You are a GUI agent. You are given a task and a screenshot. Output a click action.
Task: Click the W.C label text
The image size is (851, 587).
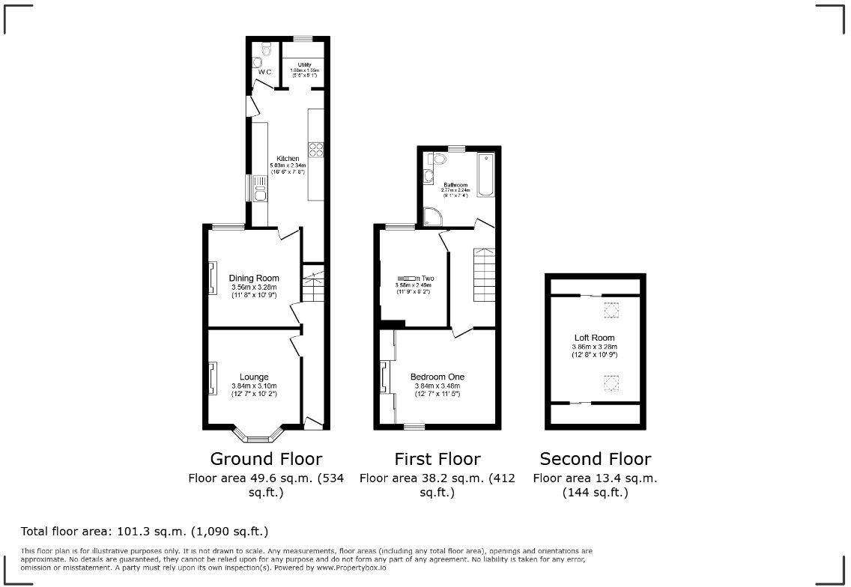pyautogui.click(x=264, y=72)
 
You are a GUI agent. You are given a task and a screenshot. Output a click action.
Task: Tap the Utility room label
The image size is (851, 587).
pyautogui.click(x=304, y=65)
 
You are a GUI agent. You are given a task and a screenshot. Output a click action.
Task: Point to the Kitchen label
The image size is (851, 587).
pyautogui.click(x=288, y=159)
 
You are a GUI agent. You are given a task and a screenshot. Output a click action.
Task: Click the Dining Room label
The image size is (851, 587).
pyautogui.click(x=254, y=279)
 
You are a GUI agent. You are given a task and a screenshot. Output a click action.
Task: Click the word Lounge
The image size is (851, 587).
pyautogui.click(x=254, y=377)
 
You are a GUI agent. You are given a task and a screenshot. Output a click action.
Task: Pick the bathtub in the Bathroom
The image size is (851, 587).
pyautogui.click(x=486, y=174)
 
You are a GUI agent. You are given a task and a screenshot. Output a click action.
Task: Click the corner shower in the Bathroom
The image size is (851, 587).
pyautogui.click(x=432, y=216)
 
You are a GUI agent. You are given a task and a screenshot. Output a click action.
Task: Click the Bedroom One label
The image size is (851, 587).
pyautogui.click(x=437, y=377)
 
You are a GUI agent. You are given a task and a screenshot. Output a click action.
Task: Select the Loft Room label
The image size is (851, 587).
pyautogui.click(x=594, y=338)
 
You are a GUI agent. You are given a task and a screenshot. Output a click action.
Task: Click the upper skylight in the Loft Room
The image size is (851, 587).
pyautogui.click(x=611, y=308)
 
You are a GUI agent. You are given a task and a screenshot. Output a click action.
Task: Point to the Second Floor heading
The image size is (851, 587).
pyautogui.click(x=595, y=459)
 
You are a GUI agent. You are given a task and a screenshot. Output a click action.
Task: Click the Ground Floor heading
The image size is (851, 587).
pyautogui.click(x=266, y=459)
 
